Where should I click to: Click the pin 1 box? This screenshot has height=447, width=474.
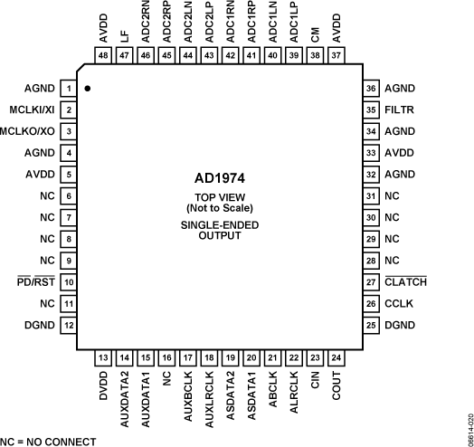pyautogui.click(x=68, y=89)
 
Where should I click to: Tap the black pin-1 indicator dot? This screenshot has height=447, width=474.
pyautogui.click(x=87, y=89)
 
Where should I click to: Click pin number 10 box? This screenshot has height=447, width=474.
pyautogui.click(x=68, y=281)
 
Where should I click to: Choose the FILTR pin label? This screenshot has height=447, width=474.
pyautogui.click(x=399, y=109)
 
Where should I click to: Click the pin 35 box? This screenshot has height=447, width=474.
pyautogui.click(x=370, y=109)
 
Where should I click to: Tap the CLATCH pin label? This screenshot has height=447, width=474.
pyautogui.click(x=405, y=281)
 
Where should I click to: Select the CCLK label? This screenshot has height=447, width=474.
pyautogui.click(x=399, y=302)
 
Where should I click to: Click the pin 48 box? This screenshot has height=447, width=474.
pyautogui.click(x=102, y=55)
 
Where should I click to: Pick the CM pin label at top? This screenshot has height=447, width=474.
pyautogui.click(x=315, y=33)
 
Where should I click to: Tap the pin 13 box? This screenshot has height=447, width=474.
pyautogui.click(x=102, y=357)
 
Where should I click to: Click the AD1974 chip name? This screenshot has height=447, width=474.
pyautogui.click(x=220, y=178)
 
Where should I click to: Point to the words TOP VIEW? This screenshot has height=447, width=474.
pyautogui.click(x=220, y=196)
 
